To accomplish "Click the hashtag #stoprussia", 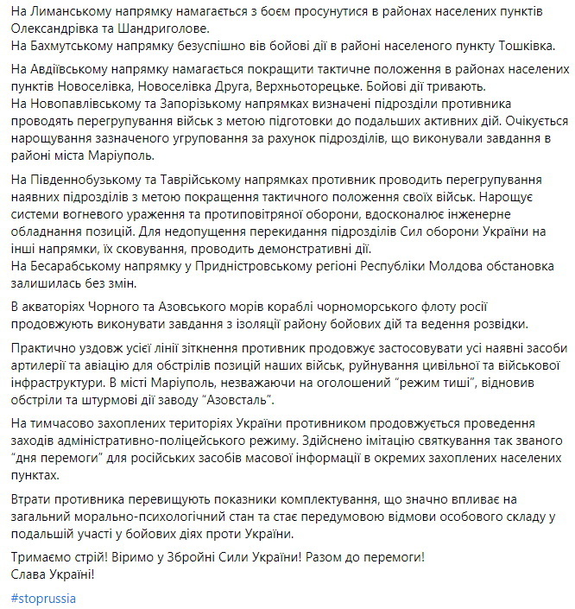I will [x=41, y=598].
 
